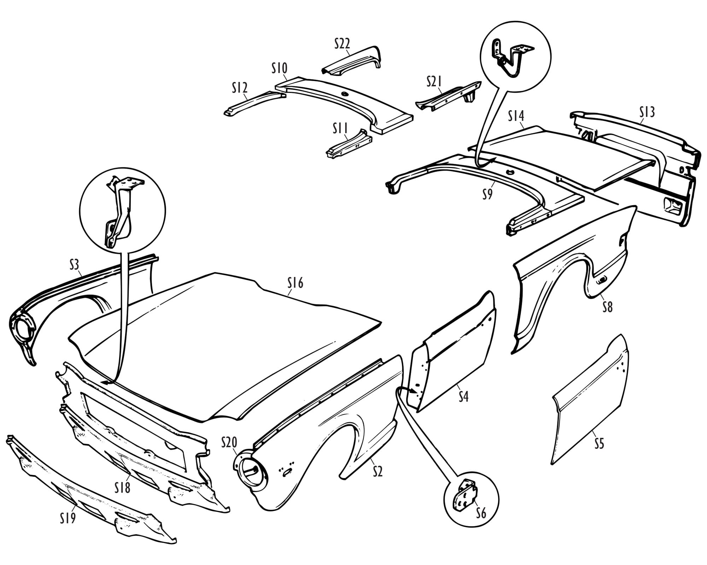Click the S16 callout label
[x=296, y=283]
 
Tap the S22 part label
[x=342, y=44]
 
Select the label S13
[x=647, y=112]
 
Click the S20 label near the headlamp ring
[x=229, y=442]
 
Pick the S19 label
[x=68, y=518]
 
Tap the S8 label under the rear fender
[x=607, y=307]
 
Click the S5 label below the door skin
[x=599, y=444]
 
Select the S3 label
[x=74, y=265]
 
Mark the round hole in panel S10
[x=344, y=94]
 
